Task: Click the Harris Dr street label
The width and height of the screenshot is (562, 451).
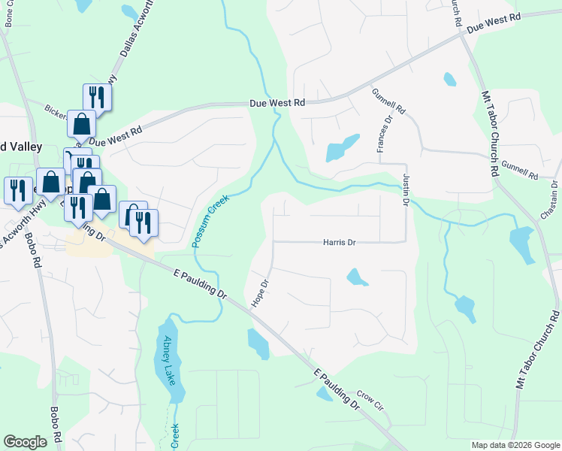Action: point(339,242)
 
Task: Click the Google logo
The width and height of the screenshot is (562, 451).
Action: point(26,442)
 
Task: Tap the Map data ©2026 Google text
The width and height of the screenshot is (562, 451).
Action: point(515,445)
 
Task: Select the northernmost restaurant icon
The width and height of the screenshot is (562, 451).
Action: point(97,97)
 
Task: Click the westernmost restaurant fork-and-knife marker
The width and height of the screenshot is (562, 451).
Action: point(16,190)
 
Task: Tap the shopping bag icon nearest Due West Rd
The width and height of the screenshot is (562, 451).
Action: point(81,124)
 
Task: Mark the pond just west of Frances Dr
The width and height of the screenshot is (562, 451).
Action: point(342,148)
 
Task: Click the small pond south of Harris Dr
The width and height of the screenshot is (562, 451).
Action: point(357,278)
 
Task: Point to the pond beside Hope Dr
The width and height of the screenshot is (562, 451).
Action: point(258,344)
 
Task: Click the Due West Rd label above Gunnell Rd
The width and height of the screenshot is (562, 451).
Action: point(494,22)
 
